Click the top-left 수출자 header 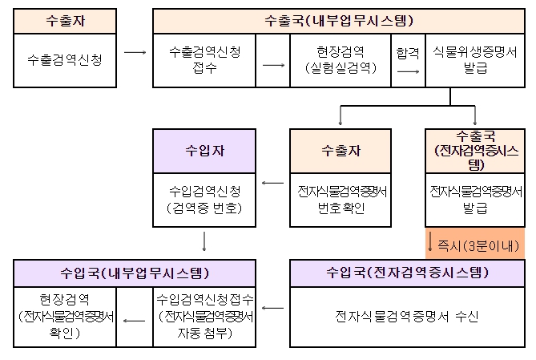[x=65, y=21]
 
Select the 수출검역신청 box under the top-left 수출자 [x=65, y=60]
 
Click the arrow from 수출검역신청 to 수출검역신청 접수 [x=135, y=52]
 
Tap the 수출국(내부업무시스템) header [x=339, y=21]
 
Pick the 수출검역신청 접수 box [x=204, y=60]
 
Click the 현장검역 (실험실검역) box [x=341, y=60]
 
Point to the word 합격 [x=408, y=53]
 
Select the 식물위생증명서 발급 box [x=475, y=60]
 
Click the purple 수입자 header [x=204, y=151]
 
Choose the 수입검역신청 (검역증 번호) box [x=204, y=200]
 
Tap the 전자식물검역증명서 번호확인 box [x=341, y=200]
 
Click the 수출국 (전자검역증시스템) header [x=475, y=151]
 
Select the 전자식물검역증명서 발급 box [x=475, y=200]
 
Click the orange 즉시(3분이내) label [x=475, y=243]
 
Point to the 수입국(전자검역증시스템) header [x=407, y=273]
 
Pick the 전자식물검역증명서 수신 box [x=407, y=317]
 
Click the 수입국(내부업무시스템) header [x=135, y=273]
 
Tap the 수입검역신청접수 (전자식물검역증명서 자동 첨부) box [x=204, y=317]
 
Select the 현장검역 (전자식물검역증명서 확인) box [x=65, y=317]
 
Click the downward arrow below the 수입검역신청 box [x=204, y=241]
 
